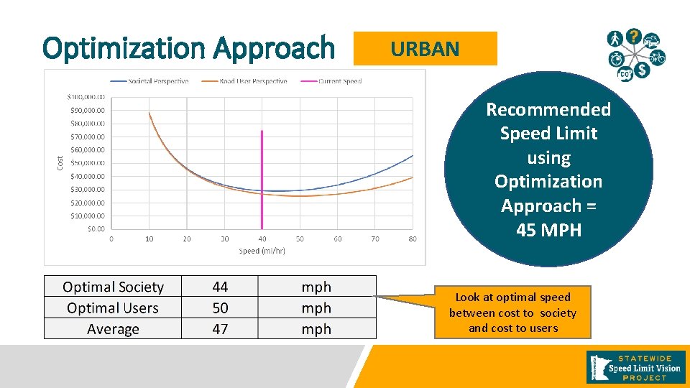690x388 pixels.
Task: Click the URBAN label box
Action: (425, 49)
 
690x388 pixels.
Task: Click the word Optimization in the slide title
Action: (125, 49)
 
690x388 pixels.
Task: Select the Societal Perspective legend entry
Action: (149, 81)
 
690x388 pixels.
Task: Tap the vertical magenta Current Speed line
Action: (262, 180)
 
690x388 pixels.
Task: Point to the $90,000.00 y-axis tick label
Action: (86, 111)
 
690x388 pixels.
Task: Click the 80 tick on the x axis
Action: (413, 239)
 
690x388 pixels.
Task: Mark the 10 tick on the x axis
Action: (149, 239)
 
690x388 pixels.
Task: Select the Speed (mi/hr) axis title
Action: (262, 251)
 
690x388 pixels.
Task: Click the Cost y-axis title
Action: (60, 163)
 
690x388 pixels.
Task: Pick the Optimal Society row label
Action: (113, 287)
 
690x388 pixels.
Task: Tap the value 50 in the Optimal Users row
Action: (220, 308)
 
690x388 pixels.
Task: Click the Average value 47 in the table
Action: (220, 329)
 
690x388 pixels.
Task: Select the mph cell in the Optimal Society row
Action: (316, 287)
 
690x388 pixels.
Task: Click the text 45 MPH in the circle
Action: (548, 230)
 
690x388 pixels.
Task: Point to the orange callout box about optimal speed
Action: (512, 313)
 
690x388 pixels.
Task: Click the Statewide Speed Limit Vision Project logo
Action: (636, 367)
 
